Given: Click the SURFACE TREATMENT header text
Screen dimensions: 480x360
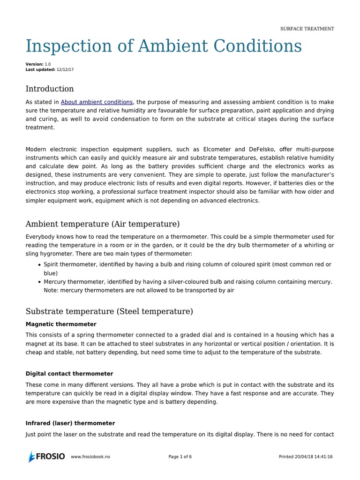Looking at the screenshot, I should (x=307, y=29).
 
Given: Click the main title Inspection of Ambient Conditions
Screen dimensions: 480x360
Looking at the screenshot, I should (x=164, y=46).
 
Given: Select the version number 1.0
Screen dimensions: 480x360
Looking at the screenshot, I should (x=48, y=64).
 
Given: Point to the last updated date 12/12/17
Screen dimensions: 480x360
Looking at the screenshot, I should (x=65, y=69).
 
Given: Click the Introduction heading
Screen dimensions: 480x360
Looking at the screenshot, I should (x=50, y=89).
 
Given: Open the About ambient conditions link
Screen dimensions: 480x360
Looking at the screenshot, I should (x=97, y=102).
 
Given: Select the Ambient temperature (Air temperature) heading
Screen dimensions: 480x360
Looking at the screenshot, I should (x=103, y=224).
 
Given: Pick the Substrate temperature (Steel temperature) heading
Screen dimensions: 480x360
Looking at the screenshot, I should (x=109, y=311).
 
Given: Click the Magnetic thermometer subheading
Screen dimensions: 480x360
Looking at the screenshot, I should (x=61, y=324).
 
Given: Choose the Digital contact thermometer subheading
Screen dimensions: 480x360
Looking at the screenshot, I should (x=69, y=374).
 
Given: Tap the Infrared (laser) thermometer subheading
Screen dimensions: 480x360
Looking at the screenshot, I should (x=70, y=423).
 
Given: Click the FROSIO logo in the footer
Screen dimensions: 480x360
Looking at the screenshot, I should (x=46, y=457).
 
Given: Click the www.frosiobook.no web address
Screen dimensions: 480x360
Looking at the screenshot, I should (x=90, y=457).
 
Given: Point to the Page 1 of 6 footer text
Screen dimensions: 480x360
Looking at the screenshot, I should (x=180, y=457).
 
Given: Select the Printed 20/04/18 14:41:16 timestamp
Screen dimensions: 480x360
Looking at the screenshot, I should (x=306, y=457).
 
